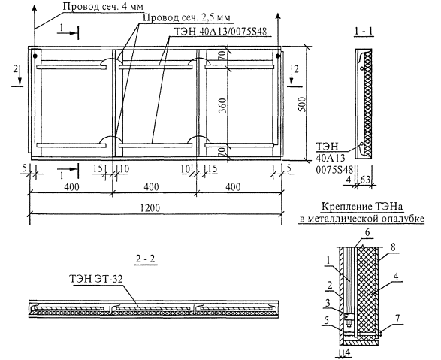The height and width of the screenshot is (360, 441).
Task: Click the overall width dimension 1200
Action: click(x=151, y=208)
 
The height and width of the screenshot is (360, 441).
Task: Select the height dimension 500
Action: click(x=301, y=104)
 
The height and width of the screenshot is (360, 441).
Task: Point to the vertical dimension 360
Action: click(x=222, y=105)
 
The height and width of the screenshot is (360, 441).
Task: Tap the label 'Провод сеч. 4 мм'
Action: click(x=103, y=7)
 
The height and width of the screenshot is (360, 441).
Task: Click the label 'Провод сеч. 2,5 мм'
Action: click(x=187, y=18)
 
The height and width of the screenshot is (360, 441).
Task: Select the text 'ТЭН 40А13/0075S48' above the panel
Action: click(x=220, y=31)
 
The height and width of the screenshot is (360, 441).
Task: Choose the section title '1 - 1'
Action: click(x=364, y=32)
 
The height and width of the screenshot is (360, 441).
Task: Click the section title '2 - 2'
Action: click(x=146, y=259)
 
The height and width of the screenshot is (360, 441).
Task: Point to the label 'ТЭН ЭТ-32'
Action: click(x=96, y=279)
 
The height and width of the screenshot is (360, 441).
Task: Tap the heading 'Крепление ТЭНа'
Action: click(x=361, y=207)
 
